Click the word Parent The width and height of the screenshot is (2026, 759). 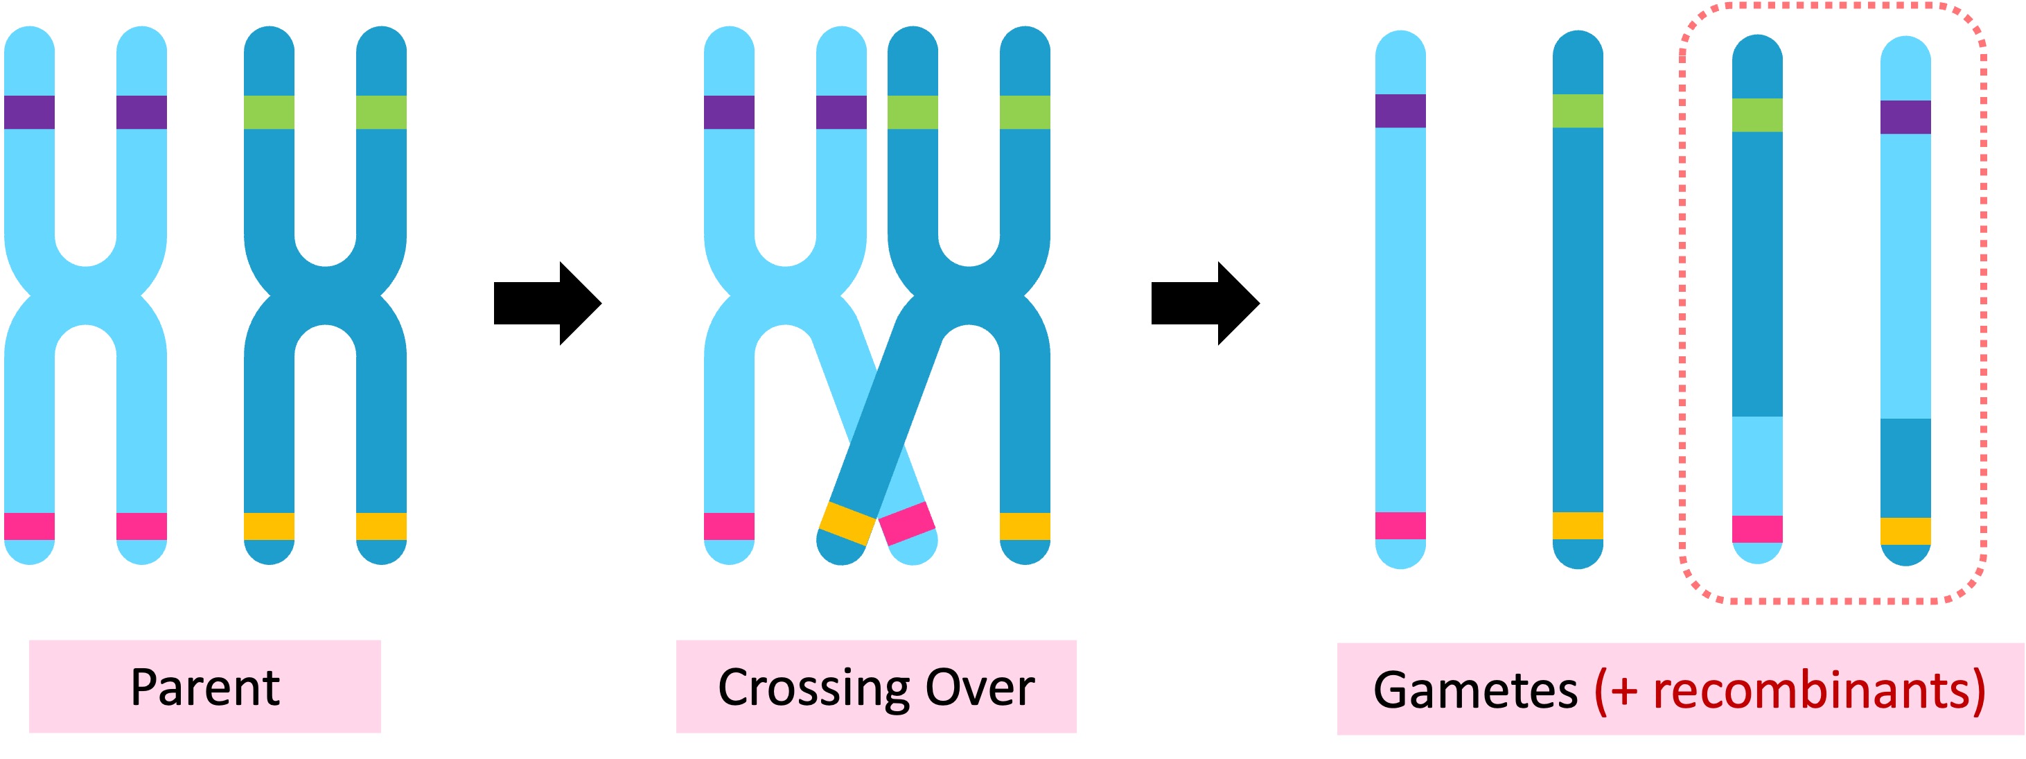(x=204, y=688)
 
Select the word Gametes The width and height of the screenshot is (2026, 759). (x=1474, y=691)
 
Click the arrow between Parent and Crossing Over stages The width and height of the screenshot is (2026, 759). (x=547, y=303)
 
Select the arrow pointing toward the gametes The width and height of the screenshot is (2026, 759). (x=1205, y=303)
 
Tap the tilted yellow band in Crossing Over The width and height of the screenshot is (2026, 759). (x=847, y=523)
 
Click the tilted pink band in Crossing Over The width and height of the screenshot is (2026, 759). (x=907, y=523)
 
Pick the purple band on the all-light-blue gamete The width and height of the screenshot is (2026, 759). (x=1400, y=111)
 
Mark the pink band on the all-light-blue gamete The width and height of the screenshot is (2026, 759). (x=1400, y=525)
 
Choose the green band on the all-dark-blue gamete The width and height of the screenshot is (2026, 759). (x=1578, y=111)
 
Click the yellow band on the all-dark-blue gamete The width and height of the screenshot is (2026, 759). (x=1578, y=525)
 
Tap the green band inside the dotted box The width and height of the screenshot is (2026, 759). (x=1757, y=115)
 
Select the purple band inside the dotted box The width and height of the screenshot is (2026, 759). (x=1905, y=117)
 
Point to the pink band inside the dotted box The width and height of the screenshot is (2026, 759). (x=1757, y=530)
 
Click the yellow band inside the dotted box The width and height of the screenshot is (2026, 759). (x=1905, y=531)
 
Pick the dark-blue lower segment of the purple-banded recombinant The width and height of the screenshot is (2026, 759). (x=1905, y=467)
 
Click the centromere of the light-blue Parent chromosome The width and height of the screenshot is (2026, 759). (x=86, y=296)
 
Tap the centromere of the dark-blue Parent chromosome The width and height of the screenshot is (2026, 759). (x=325, y=296)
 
